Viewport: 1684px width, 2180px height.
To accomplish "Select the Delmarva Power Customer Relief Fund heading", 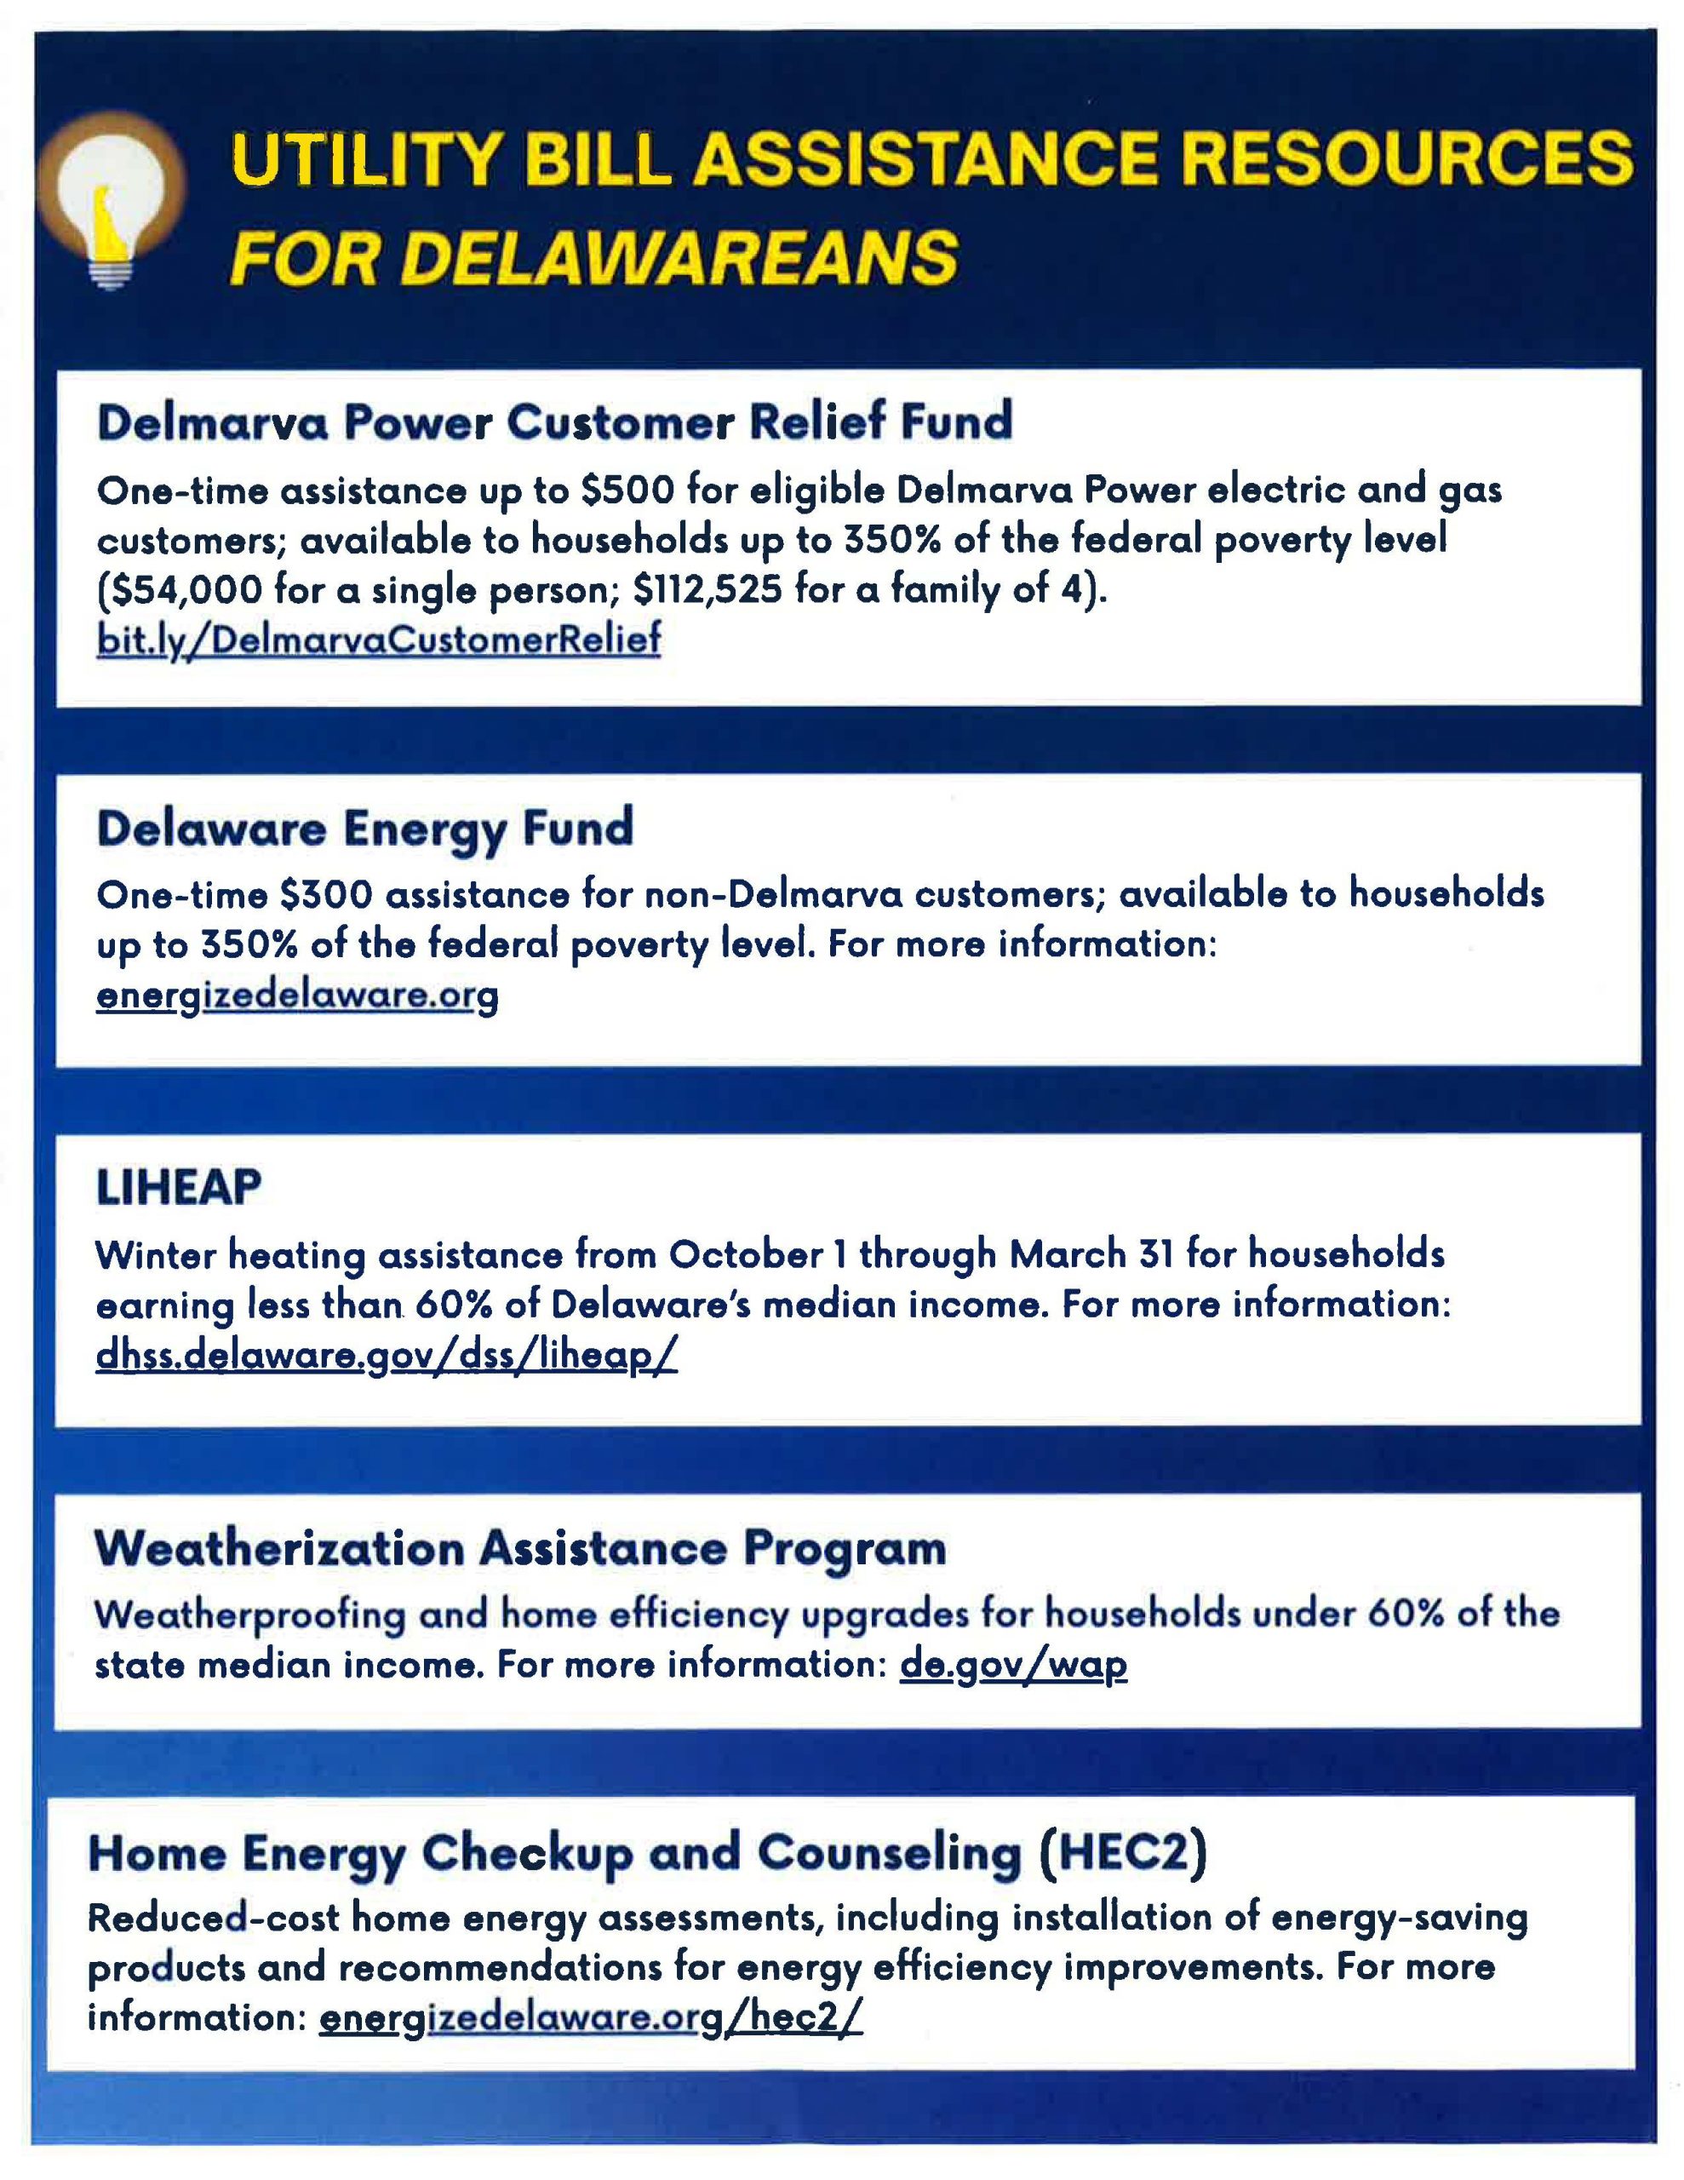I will pos(554,422).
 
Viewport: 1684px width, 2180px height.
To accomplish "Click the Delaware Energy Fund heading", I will pos(365,829).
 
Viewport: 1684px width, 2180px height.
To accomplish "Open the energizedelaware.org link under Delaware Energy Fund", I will pos(296,995).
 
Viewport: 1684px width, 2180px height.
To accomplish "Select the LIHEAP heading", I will pos(179,1188).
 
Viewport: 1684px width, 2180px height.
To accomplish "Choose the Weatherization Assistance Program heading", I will pos(520,1548).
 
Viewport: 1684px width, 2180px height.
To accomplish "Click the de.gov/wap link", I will pos(1013,1664).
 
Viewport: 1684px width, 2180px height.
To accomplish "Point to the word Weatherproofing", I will pos(249,1614).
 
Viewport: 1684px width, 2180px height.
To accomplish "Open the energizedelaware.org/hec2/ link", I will pos(590,2018).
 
